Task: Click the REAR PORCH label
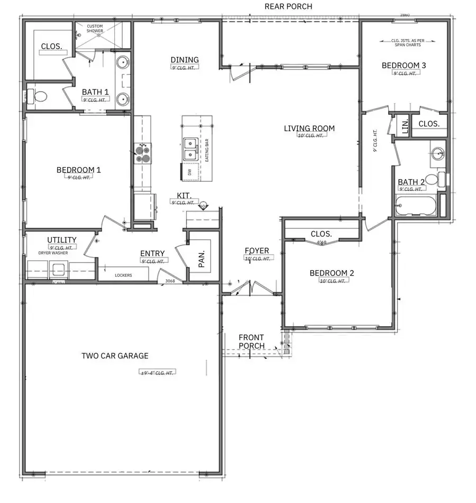(288, 7)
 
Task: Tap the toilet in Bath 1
(38, 97)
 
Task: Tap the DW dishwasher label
(189, 172)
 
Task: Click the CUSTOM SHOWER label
(95, 29)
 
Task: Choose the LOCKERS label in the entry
(123, 275)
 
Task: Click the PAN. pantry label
(202, 256)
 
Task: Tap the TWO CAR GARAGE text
(115, 356)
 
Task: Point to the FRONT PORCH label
(251, 342)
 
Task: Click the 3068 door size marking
(170, 281)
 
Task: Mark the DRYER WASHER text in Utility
(53, 253)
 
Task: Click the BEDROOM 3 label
(404, 66)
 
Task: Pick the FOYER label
(257, 251)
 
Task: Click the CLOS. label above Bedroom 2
(321, 234)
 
